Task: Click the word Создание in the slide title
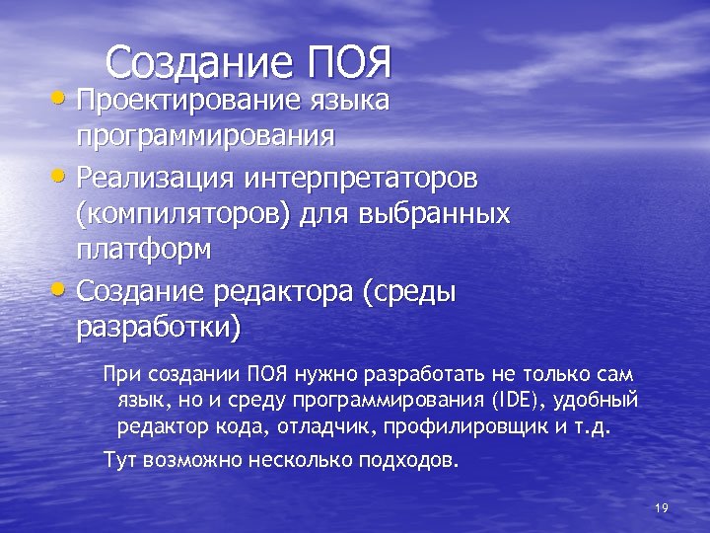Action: click(x=200, y=62)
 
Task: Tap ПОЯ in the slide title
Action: click(x=350, y=62)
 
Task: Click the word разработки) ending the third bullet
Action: click(x=158, y=327)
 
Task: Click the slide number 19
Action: click(x=661, y=507)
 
